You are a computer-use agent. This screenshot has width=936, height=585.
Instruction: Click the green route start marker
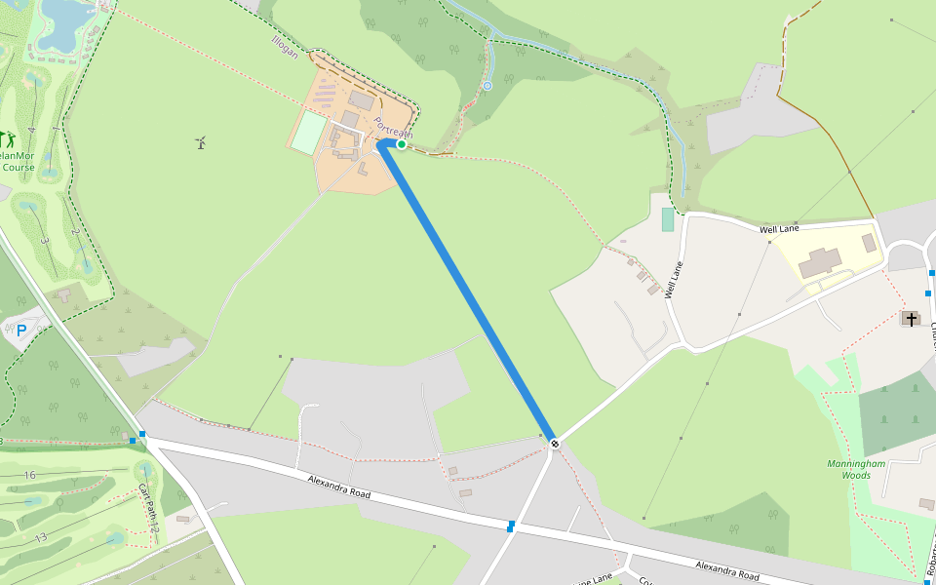(x=401, y=144)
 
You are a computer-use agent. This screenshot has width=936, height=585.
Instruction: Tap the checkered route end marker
(x=555, y=444)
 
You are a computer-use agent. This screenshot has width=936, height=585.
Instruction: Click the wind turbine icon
(x=201, y=143)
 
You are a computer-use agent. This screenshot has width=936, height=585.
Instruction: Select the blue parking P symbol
(x=21, y=331)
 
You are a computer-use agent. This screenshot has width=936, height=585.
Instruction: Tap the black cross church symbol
(x=912, y=319)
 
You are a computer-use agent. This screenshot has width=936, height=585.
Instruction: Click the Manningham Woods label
(x=855, y=469)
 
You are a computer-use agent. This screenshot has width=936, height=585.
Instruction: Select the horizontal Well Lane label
(x=779, y=229)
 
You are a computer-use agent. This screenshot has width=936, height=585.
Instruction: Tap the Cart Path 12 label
(x=147, y=508)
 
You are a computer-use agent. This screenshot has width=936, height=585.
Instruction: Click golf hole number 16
(x=30, y=475)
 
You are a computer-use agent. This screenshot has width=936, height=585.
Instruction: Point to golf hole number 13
(x=40, y=538)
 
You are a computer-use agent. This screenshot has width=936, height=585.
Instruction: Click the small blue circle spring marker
(x=487, y=86)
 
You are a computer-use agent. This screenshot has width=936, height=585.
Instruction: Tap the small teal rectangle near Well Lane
(x=667, y=219)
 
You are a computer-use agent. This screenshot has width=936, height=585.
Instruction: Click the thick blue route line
(x=468, y=292)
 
